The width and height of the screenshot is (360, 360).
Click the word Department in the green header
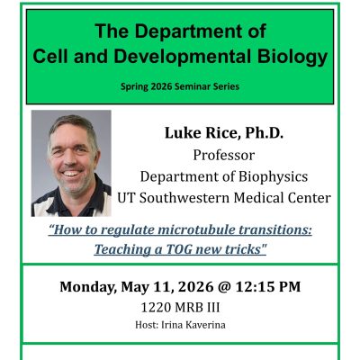pos(205,32)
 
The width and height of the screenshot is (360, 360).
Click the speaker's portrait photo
pos(71,163)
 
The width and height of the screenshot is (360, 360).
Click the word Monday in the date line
pos(90,288)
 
